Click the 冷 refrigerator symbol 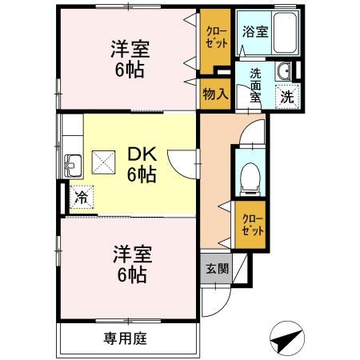pyautogui.click(x=82, y=195)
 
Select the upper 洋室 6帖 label pyautogui.click(x=127, y=59)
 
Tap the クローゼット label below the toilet pyautogui.click(x=251, y=224)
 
